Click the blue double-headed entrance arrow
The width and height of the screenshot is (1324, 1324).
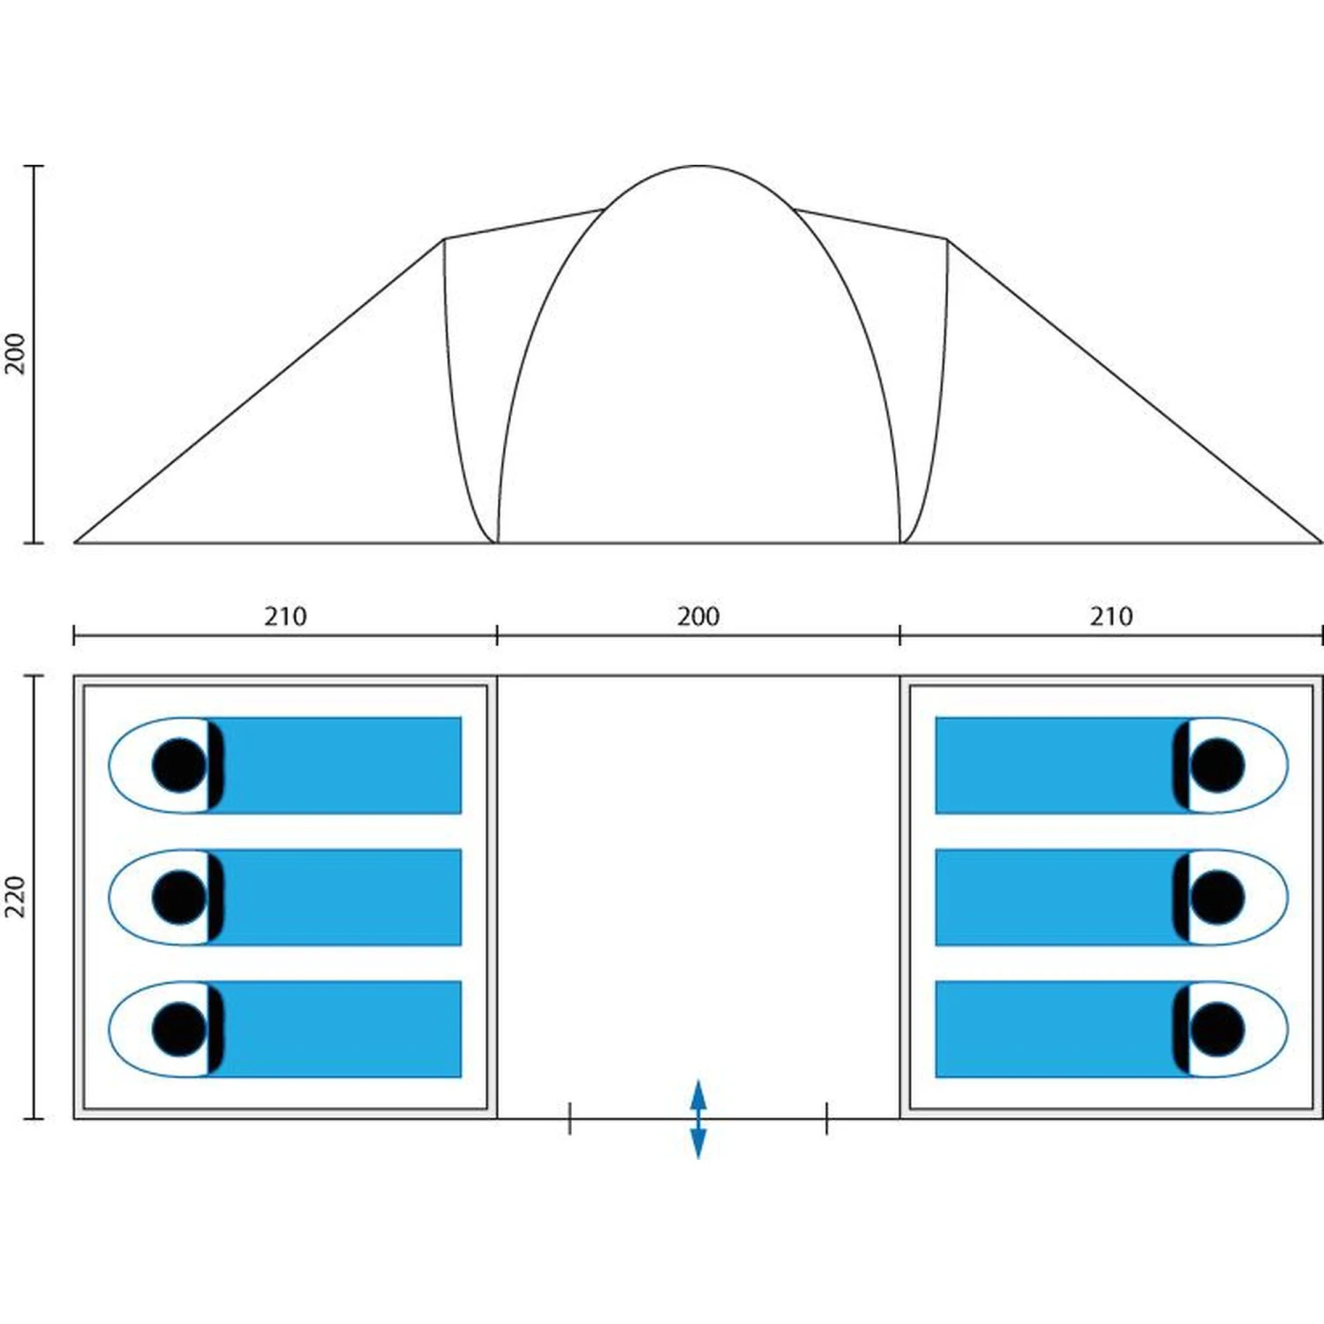698,1118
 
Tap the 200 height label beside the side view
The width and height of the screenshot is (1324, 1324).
16,353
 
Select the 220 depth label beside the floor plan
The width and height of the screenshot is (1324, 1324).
16,897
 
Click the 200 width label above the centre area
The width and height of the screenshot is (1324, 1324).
698,616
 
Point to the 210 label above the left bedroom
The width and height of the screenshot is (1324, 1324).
285,616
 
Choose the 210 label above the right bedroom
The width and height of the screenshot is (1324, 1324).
1110,616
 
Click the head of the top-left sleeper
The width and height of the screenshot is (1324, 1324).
179,765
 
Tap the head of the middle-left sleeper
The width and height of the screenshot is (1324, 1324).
179,897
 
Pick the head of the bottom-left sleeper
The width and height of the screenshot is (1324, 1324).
179,1029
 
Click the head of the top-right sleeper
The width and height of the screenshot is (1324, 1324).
1217,765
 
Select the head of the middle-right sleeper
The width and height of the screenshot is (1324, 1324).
1217,897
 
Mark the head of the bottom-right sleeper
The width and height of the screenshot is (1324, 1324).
1217,1029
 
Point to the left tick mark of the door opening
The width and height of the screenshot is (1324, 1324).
570,1118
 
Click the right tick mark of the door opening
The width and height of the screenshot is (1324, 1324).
826,1118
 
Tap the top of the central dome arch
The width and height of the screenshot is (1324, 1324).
698,167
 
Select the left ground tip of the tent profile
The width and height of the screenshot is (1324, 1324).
76,541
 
